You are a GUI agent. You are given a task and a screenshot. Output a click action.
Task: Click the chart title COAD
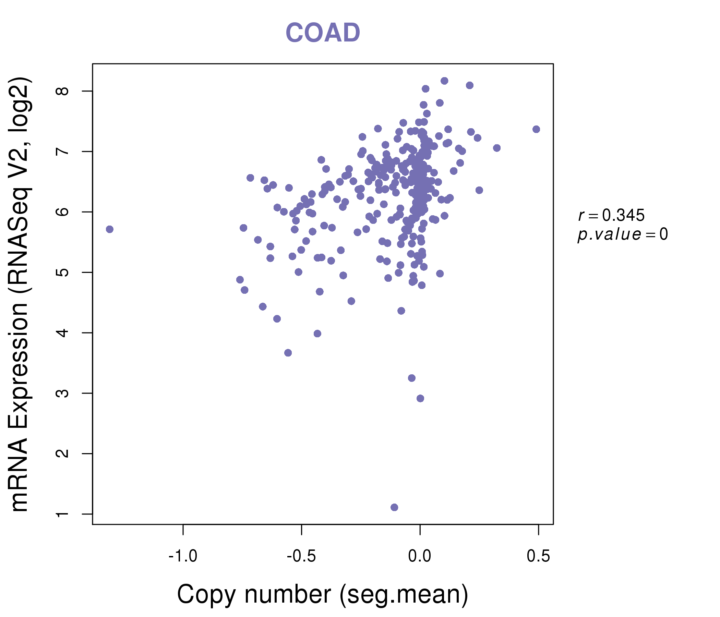323,33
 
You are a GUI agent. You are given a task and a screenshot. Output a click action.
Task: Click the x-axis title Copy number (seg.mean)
323,594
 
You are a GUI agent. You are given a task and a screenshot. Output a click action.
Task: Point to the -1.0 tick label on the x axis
183,556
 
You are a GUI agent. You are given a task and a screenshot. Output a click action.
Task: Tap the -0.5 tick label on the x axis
301,556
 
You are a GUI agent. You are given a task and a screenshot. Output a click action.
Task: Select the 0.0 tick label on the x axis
420,556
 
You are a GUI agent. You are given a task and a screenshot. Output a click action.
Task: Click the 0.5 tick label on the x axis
538,556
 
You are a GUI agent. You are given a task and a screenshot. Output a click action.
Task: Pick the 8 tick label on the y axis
63,91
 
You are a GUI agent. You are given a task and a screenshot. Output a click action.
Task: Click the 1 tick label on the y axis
63,514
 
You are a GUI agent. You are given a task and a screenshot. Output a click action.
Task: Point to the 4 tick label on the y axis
63,333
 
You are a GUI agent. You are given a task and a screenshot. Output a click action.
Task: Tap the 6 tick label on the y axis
63,212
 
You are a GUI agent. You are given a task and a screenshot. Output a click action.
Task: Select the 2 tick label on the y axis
63,453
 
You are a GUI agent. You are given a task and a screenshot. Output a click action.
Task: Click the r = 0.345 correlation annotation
611,215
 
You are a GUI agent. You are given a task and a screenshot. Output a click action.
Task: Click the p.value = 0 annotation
622,234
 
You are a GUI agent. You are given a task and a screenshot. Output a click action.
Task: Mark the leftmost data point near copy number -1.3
110,229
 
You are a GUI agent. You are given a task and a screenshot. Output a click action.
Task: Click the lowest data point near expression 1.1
394,507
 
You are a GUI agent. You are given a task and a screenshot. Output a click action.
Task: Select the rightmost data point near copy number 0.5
536,129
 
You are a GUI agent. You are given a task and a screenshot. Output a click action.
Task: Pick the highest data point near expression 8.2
444,81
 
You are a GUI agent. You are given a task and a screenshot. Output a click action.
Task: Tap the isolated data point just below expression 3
420,398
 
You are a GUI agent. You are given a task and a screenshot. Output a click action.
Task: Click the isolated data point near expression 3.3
412,378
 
